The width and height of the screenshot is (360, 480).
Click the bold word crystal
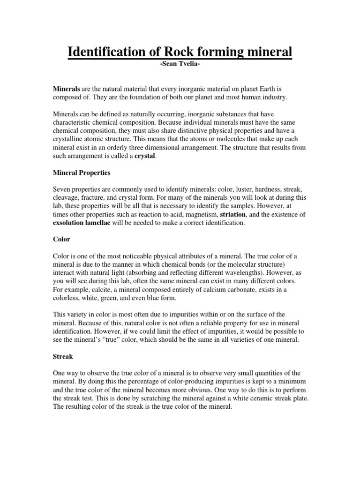pos(145,156)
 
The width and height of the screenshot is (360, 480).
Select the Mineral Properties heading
pos(81,172)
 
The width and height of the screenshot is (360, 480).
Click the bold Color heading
pos(61,239)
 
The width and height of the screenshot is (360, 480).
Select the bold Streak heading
pos(63,356)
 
